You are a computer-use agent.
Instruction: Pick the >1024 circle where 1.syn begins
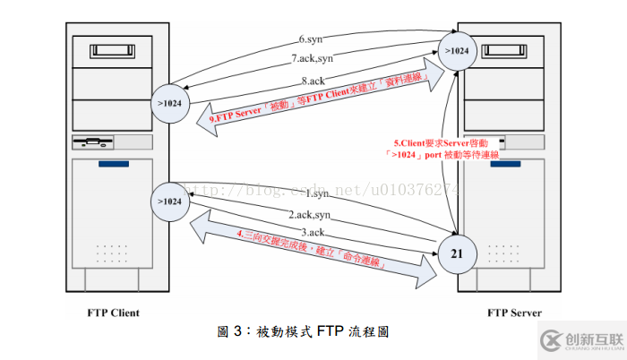click(x=170, y=201)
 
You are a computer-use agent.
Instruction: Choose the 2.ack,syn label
click(x=308, y=215)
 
